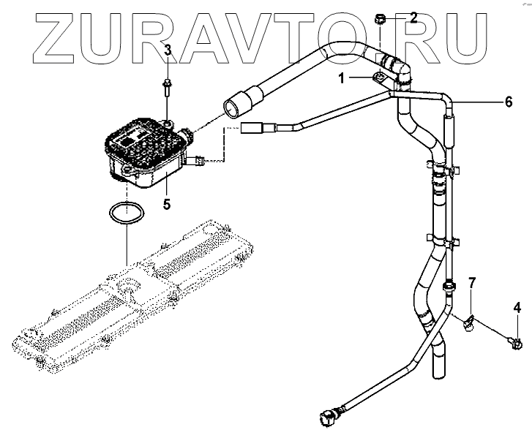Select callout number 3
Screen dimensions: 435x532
[x=168, y=50]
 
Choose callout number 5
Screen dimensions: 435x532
[x=167, y=204]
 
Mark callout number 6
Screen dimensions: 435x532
[x=508, y=102]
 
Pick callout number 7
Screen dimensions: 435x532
[x=472, y=282]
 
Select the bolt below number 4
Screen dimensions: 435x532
[x=517, y=341]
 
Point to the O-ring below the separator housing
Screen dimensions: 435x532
[x=126, y=214]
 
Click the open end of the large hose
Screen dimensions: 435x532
[x=233, y=110]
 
